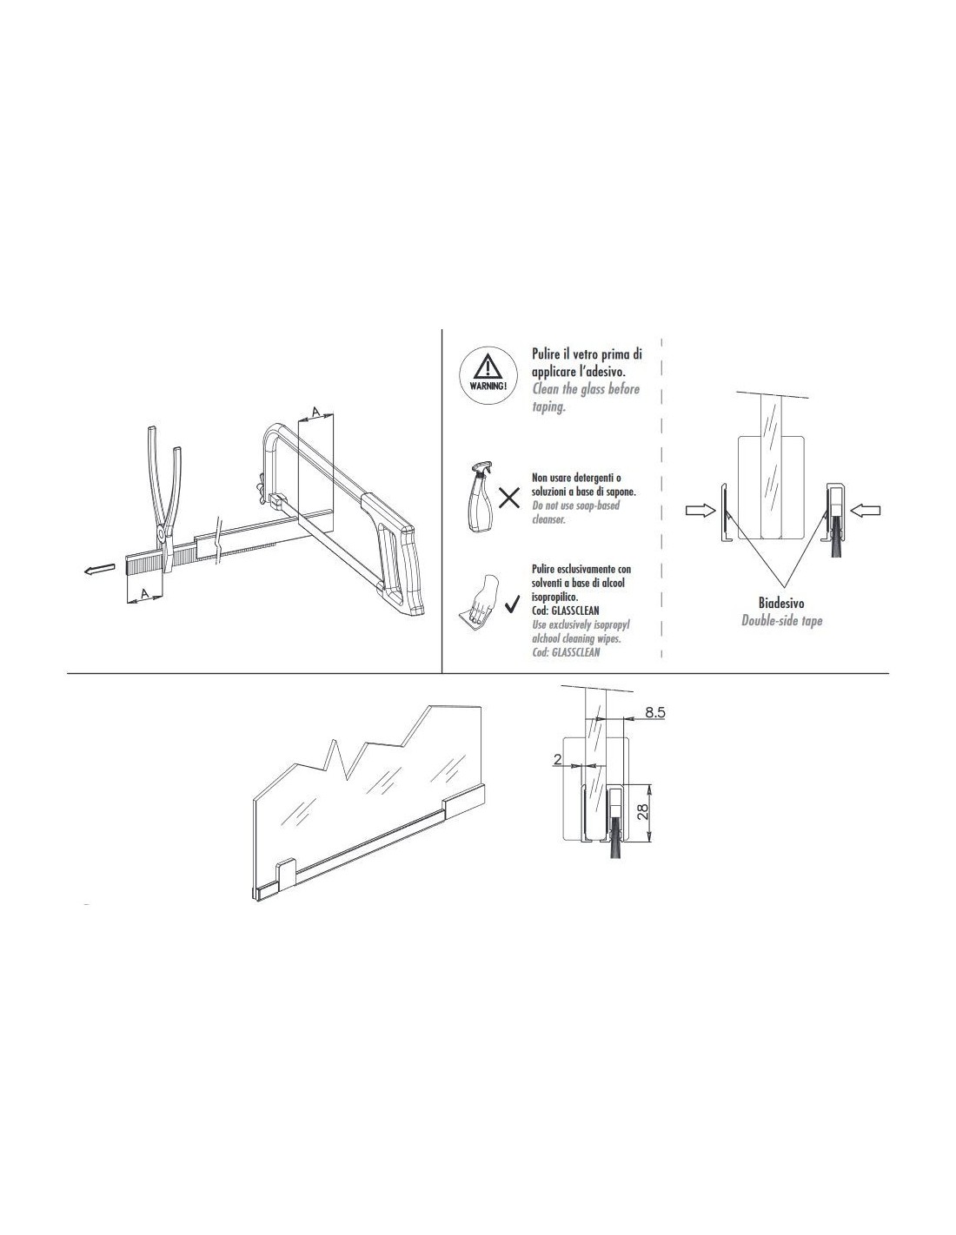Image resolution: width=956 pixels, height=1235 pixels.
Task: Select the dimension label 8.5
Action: [655, 712]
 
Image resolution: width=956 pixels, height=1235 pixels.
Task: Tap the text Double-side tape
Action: [781, 620]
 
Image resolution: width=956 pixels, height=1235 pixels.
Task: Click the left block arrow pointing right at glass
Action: [698, 513]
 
